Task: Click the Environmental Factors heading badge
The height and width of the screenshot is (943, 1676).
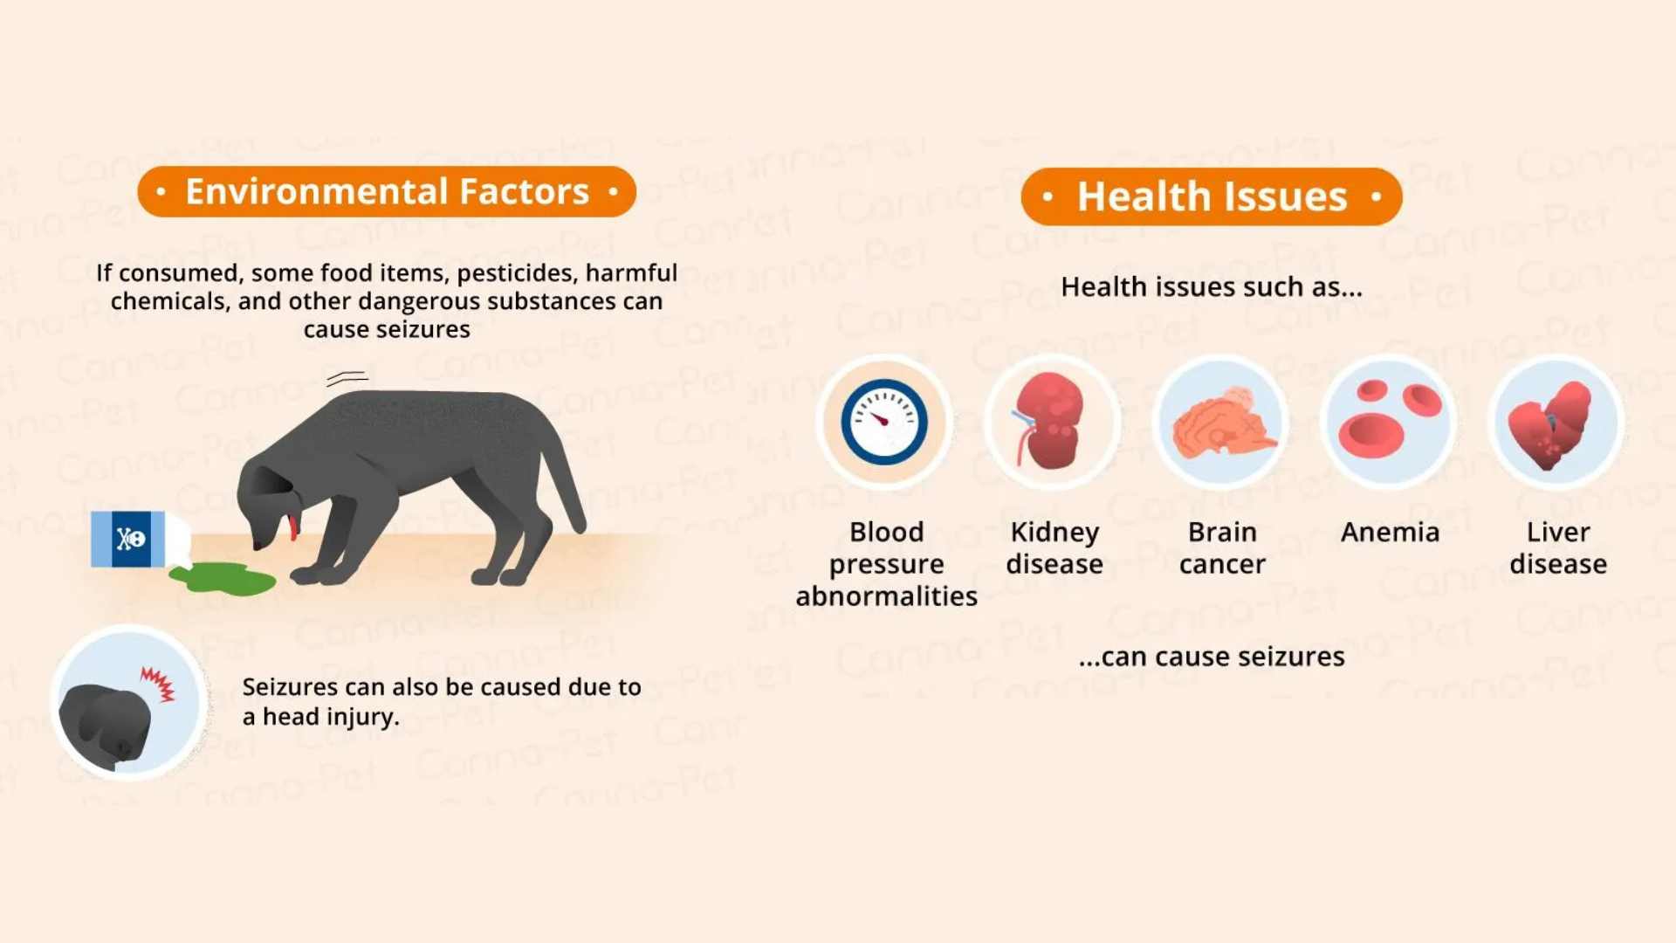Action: (x=387, y=191)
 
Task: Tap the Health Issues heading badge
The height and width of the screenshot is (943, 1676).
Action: (x=1212, y=196)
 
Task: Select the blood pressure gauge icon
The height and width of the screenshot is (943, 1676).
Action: (x=884, y=422)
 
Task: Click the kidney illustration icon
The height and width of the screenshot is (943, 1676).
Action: (x=1049, y=421)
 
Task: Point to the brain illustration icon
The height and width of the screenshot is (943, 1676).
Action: (x=1222, y=423)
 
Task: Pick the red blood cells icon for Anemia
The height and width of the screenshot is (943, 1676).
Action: (x=1389, y=418)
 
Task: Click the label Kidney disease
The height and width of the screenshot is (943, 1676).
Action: (x=1054, y=547)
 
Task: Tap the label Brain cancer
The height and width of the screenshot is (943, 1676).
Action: (x=1222, y=547)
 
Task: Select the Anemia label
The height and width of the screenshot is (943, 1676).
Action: (x=1390, y=532)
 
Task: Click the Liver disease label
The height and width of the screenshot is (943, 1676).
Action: (x=1558, y=547)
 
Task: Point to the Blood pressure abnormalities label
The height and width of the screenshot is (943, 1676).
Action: (x=886, y=563)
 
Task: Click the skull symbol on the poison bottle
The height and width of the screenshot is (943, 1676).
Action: (x=131, y=539)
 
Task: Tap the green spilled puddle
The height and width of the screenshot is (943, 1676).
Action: (x=223, y=578)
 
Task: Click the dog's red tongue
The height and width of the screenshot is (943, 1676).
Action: (x=292, y=527)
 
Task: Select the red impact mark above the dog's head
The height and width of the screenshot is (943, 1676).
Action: (x=159, y=684)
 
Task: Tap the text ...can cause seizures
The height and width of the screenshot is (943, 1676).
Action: (x=1212, y=657)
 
